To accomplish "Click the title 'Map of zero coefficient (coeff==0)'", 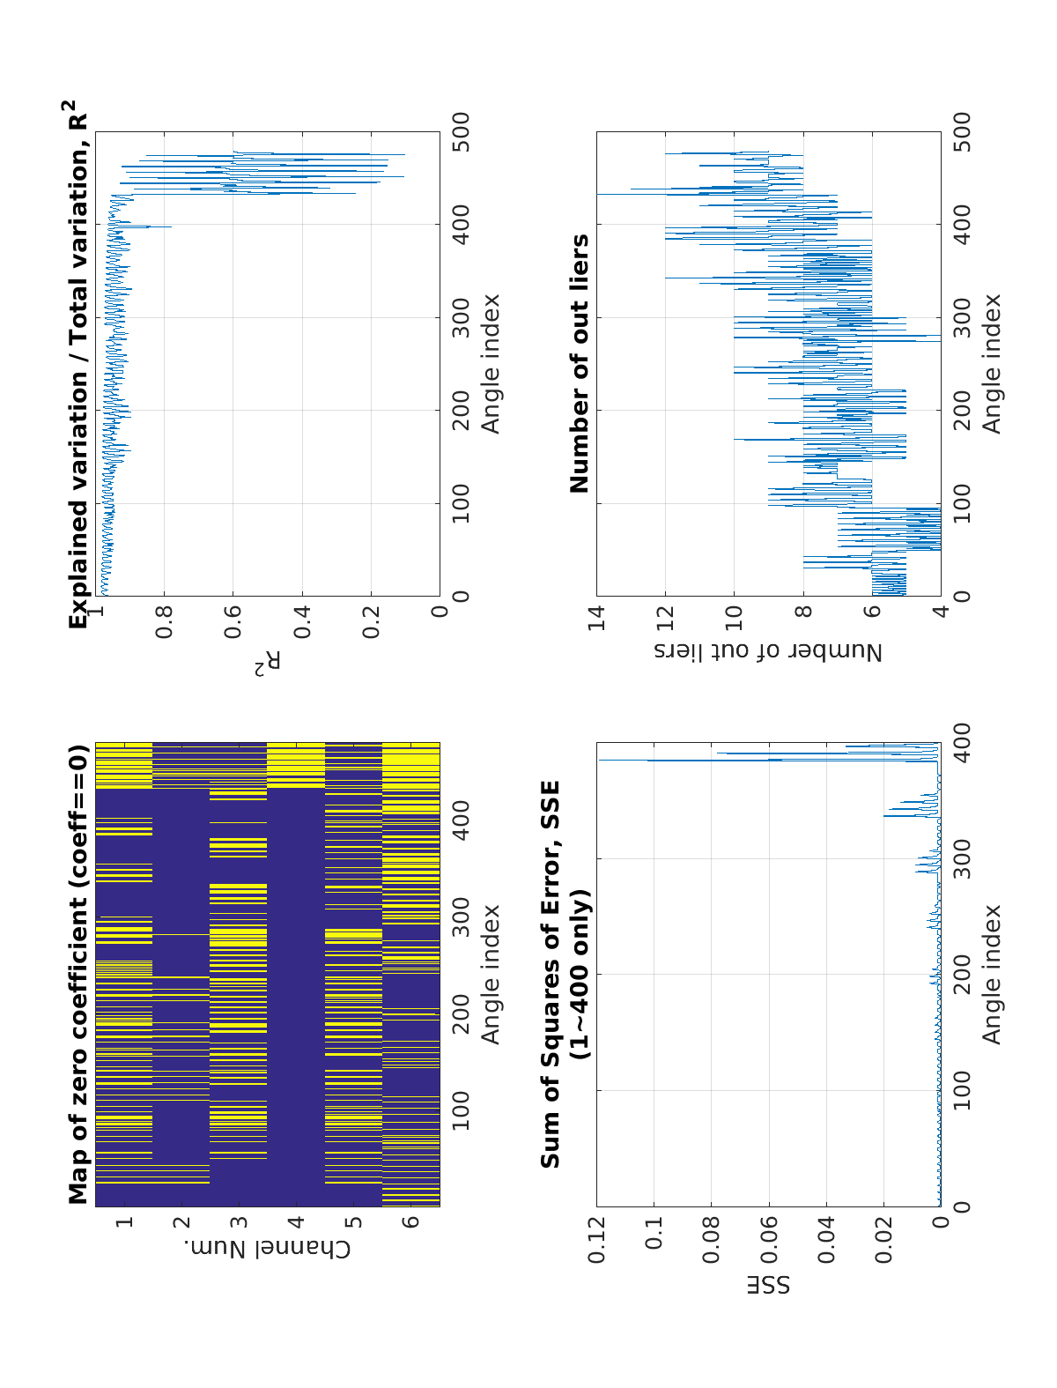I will click(x=79, y=974).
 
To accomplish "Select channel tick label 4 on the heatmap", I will click(x=296, y=1222).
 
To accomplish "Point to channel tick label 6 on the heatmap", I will click(x=410, y=1222).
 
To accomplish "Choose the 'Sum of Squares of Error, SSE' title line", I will click(x=551, y=974).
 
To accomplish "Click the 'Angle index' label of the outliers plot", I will click(x=993, y=363).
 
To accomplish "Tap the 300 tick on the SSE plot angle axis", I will click(x=962, y=859).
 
